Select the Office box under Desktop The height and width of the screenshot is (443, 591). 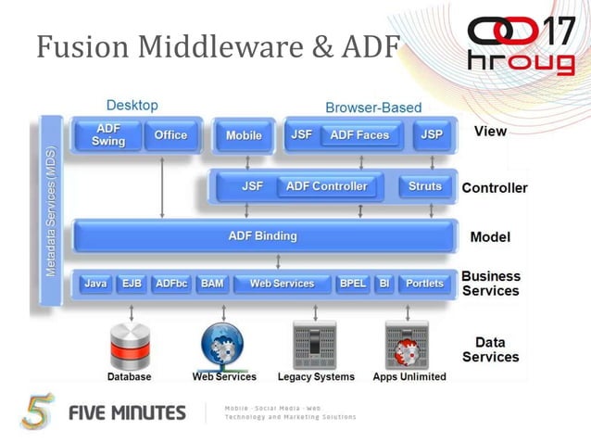[x=170, y=135]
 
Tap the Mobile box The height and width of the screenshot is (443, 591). [x=244, y=135]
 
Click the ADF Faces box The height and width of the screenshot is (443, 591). [x=359, y=135]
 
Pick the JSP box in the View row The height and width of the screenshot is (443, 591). [x=432, y=135]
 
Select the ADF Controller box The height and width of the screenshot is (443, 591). [x=326, y=186]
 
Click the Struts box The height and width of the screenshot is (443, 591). [x=425, y=186]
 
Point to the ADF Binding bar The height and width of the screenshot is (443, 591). [x=263, y=236]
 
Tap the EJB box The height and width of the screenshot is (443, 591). [x=132, y=284]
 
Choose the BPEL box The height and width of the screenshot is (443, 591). [x=352, y=284]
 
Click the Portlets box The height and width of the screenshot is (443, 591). [x=425, y=284]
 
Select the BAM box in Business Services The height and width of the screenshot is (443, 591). [x=212, y=284]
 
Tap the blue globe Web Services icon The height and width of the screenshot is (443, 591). [x=223, y=344]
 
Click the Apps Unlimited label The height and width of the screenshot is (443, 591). [x=409, y=377]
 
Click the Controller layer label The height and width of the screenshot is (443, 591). [x=495, y=188]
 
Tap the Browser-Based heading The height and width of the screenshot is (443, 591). [x=373, y=108]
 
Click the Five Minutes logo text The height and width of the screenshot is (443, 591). [x=127, y=412]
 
